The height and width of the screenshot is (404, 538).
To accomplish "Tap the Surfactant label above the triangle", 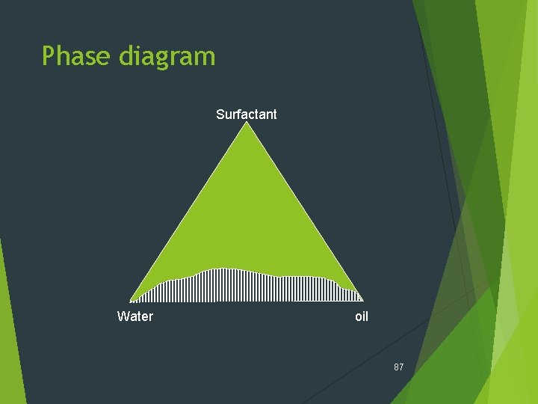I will pos(246,114).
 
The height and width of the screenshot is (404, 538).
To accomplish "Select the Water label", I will pos(135,316).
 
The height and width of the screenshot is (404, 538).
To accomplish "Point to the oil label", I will pos(362,316).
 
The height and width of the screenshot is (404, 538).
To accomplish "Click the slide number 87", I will pos(398,367).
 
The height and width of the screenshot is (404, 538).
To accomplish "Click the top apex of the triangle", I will pos(247,123).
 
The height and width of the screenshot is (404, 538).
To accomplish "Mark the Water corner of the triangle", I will pos(131,301).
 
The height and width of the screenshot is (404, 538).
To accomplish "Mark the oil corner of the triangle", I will pos(363,301).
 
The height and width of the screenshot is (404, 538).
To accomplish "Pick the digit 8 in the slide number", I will pos(396,367).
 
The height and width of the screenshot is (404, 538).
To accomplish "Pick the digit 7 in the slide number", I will pos(401,367).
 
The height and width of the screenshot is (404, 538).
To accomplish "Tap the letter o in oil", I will pos(358,317).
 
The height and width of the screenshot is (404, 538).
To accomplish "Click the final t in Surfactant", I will pos(274,114).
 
